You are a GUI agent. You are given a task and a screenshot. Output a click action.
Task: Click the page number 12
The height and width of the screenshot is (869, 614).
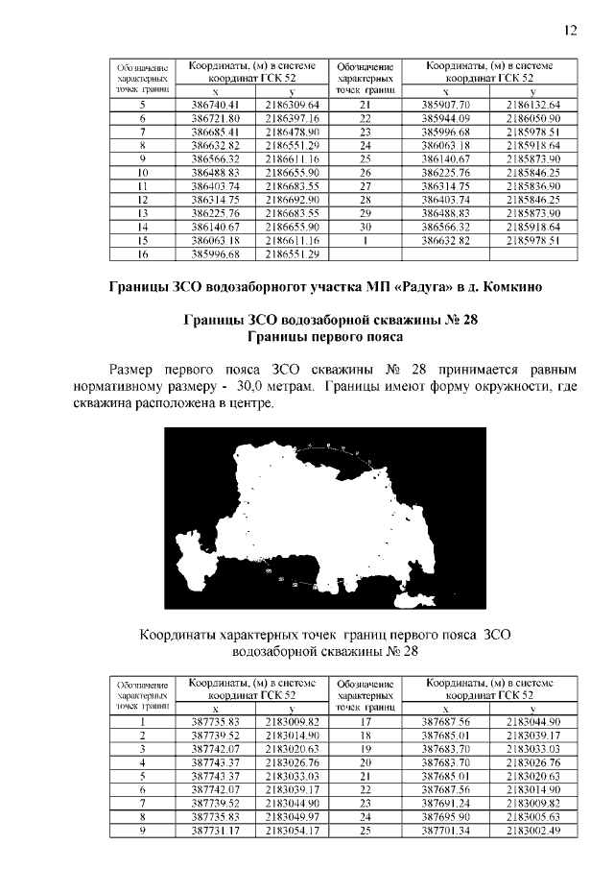point(570,30)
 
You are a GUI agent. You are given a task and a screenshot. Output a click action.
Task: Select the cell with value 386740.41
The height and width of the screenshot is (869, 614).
point(215,105)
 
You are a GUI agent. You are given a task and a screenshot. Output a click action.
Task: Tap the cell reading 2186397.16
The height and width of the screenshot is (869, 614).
point(292,118)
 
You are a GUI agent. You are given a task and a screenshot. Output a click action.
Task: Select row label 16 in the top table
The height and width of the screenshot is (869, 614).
point(141,253)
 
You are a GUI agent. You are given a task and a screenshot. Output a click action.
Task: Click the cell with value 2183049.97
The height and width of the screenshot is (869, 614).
point(292,814)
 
